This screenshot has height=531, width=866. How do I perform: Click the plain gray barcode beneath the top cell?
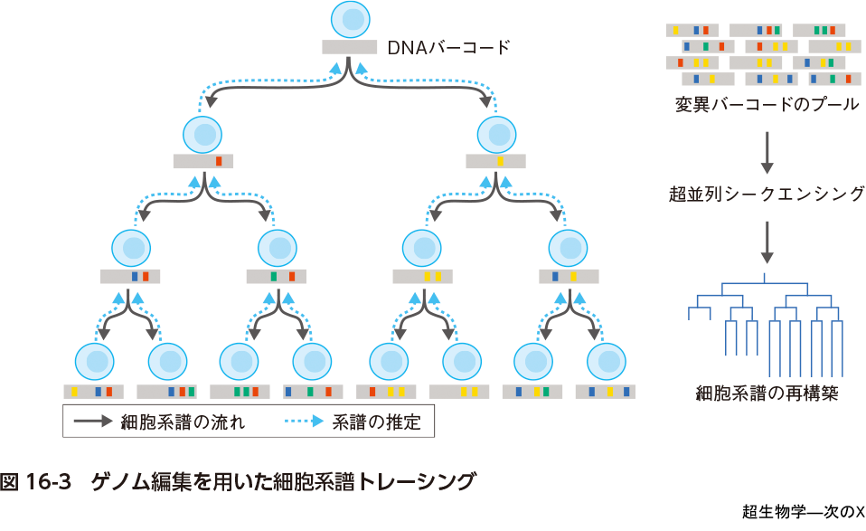349,47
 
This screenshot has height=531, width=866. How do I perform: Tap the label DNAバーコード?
448,46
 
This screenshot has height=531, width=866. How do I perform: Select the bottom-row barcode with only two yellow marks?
459,392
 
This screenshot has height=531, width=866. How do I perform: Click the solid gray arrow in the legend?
91,422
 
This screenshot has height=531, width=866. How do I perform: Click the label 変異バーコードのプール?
767,103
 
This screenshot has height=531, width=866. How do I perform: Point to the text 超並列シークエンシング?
767,193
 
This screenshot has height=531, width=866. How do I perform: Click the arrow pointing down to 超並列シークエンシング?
767,152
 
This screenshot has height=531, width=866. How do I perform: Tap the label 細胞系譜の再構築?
767,394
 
